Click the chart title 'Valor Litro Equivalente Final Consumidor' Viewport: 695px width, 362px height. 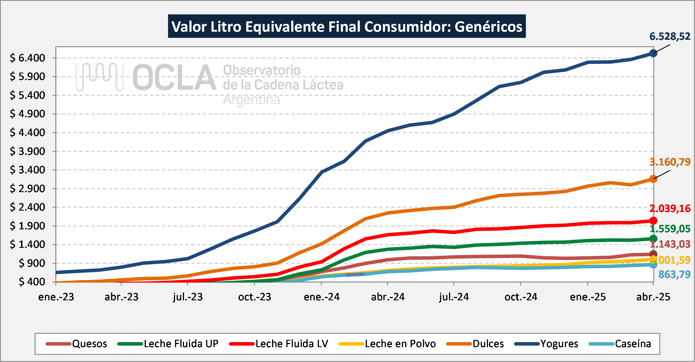click(347, 27)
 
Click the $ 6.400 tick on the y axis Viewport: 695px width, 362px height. click(27, 58)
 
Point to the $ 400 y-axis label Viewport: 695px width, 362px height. click(32, 282)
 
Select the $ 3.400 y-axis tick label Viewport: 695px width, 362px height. click(27, 170)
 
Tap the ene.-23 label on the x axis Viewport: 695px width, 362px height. click(56, 297)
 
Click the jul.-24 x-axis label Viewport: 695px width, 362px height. click(454, 297)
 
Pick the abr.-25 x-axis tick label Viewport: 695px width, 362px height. click(653, 297)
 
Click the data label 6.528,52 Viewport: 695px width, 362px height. click(670, 36)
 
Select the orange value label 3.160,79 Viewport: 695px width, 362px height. click(670, 162)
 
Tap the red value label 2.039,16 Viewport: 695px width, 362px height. click(670, 209)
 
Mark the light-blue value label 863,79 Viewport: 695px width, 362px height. click(674, 275)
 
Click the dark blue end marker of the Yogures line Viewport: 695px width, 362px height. click(653, 53)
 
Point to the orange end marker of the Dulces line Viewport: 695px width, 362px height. click(653, 179)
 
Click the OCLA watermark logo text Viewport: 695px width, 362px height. click(174, 78)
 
